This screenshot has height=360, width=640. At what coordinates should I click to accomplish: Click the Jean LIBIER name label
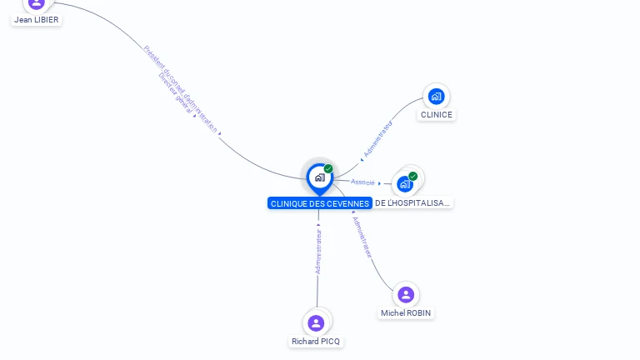tap(37, 19)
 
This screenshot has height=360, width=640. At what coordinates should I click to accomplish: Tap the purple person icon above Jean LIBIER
tap(37, 3)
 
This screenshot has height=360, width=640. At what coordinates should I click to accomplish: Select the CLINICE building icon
tap(436, 96)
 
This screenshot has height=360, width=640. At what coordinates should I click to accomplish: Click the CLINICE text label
tap(437, 115)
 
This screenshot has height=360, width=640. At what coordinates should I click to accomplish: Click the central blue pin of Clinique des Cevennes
tap(319, 177)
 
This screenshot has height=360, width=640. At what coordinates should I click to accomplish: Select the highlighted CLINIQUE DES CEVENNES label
tap(319, 203)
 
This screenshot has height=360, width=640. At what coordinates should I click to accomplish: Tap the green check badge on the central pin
tap(328, 169)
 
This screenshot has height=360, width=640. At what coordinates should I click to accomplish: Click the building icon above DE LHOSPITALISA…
tap(405, 183)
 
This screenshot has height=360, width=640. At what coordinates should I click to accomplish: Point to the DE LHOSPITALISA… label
tap(412, 202)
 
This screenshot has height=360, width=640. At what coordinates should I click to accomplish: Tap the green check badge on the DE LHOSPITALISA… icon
tap(412, 176)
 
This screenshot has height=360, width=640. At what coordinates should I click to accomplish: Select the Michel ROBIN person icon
tap(406, 294)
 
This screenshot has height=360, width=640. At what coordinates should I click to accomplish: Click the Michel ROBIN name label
tap(407, 313)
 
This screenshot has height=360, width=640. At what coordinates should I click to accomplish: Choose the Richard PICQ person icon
tap(316, 322)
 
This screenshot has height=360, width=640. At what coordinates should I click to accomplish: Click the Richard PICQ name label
tap(316, 342)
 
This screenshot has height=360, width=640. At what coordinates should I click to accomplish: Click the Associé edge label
tap(362, 182)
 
